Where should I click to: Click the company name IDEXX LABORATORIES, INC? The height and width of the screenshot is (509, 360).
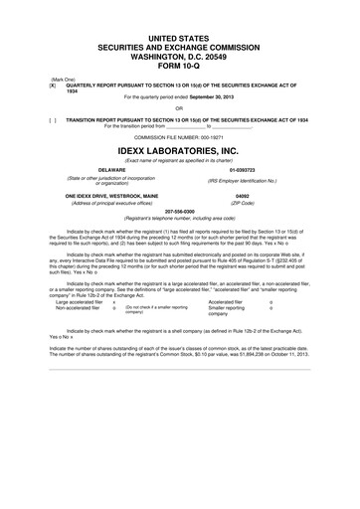coord(179,151)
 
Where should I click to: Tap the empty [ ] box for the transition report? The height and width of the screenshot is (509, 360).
coord(38,116)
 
